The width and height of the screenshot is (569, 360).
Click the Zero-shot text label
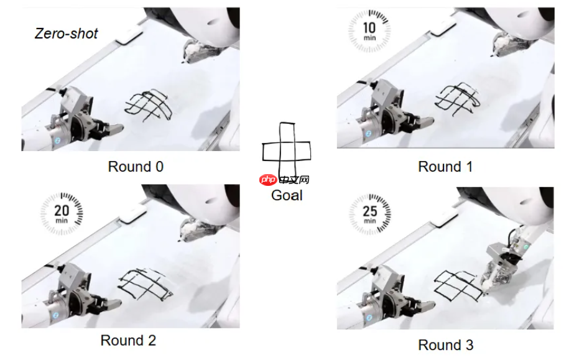click(67, 34)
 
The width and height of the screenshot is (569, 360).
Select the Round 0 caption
click(136, 167)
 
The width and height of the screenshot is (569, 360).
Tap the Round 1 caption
click(445, 167)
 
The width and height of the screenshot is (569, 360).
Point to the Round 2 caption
click(128, 341)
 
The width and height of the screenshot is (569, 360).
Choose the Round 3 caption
click(446, 345)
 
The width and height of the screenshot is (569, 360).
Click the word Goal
click(287, 195)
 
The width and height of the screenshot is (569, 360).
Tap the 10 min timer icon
click(369, 31)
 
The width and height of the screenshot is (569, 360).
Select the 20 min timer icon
click(62, 214)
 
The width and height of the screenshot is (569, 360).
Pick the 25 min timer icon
click(370, 214)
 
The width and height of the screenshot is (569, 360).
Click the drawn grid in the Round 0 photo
click(148, 106)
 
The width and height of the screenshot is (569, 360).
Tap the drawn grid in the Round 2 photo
click(145, 285)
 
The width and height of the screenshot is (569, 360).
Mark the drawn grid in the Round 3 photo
click(458, 286)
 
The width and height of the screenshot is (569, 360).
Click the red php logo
click(269, 180)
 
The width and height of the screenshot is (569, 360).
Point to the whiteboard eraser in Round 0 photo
click(129, 36)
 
